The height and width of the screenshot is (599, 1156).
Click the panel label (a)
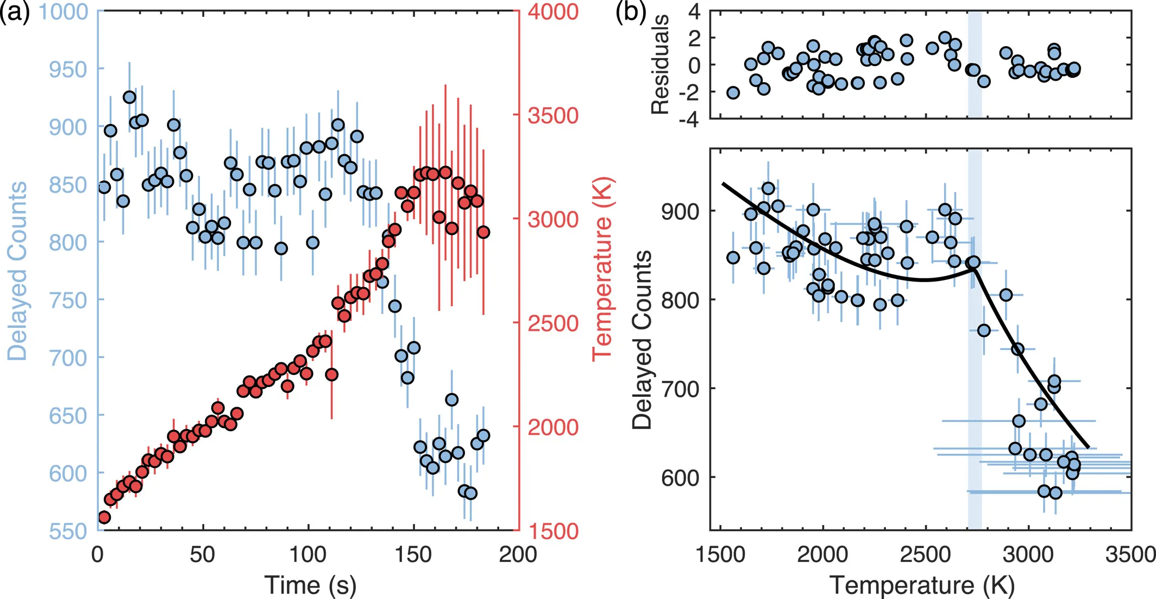15,12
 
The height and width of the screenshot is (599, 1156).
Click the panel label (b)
630,12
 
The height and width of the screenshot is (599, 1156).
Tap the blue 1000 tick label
63,11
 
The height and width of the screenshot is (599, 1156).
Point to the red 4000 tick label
553,11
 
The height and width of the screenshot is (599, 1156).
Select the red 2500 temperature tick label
553,323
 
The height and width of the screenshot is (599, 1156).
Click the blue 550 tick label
68,531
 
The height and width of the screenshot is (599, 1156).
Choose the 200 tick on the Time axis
518,554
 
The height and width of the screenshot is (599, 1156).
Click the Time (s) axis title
310,585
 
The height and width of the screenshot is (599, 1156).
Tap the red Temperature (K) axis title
602,269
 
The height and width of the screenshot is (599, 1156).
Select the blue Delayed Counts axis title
17,271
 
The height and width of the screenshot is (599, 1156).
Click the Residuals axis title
659,64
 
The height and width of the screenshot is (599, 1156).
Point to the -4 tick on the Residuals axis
688,119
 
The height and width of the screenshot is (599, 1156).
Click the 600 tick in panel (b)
680,478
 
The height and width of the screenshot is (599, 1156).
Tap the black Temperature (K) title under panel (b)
922,585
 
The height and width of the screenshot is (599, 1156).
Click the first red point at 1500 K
104,517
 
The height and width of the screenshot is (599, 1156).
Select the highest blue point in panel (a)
129,97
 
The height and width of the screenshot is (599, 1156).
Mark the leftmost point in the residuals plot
733,92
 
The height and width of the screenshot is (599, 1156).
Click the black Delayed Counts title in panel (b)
642,340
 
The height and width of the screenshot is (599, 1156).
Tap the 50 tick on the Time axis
203,554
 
